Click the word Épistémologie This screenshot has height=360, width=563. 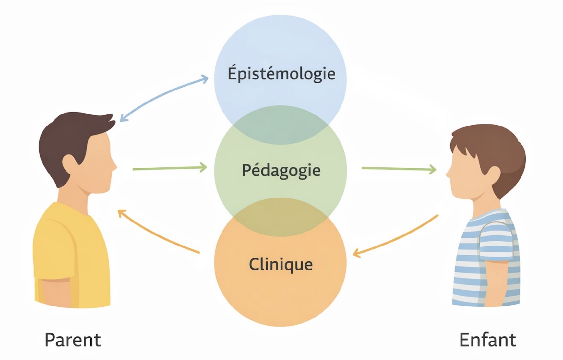(x=281, y=73)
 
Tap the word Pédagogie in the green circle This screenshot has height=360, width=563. (x=281, y=170)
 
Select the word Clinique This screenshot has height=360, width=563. (x=281, y=264)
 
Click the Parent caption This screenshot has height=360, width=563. (x=73, y=340)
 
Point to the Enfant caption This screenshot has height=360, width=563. (x=487, y=340)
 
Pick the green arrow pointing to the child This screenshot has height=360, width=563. (x=399, y=169)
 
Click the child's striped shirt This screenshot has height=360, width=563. (x=486, y=259)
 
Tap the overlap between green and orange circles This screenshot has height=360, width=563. (x=281, y=217)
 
